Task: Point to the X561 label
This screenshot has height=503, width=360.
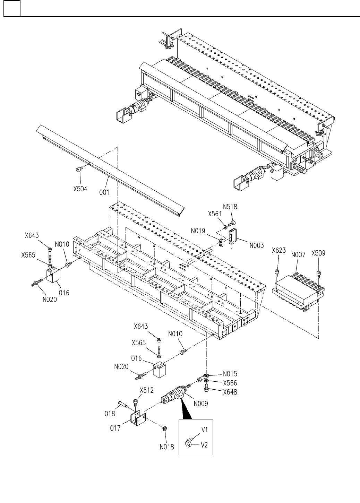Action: point(215,214)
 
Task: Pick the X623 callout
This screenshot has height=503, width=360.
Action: point(279,250)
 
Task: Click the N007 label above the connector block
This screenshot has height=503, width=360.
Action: point(298,255)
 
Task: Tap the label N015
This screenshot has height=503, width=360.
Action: point(230,374)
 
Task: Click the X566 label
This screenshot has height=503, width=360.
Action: point(230,383)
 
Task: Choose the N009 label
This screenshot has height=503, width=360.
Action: point(201,404)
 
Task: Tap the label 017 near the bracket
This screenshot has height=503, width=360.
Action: point(115,428)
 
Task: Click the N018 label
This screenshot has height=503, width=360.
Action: point(166,447)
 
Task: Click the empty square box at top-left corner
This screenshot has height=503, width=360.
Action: point(11,9)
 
